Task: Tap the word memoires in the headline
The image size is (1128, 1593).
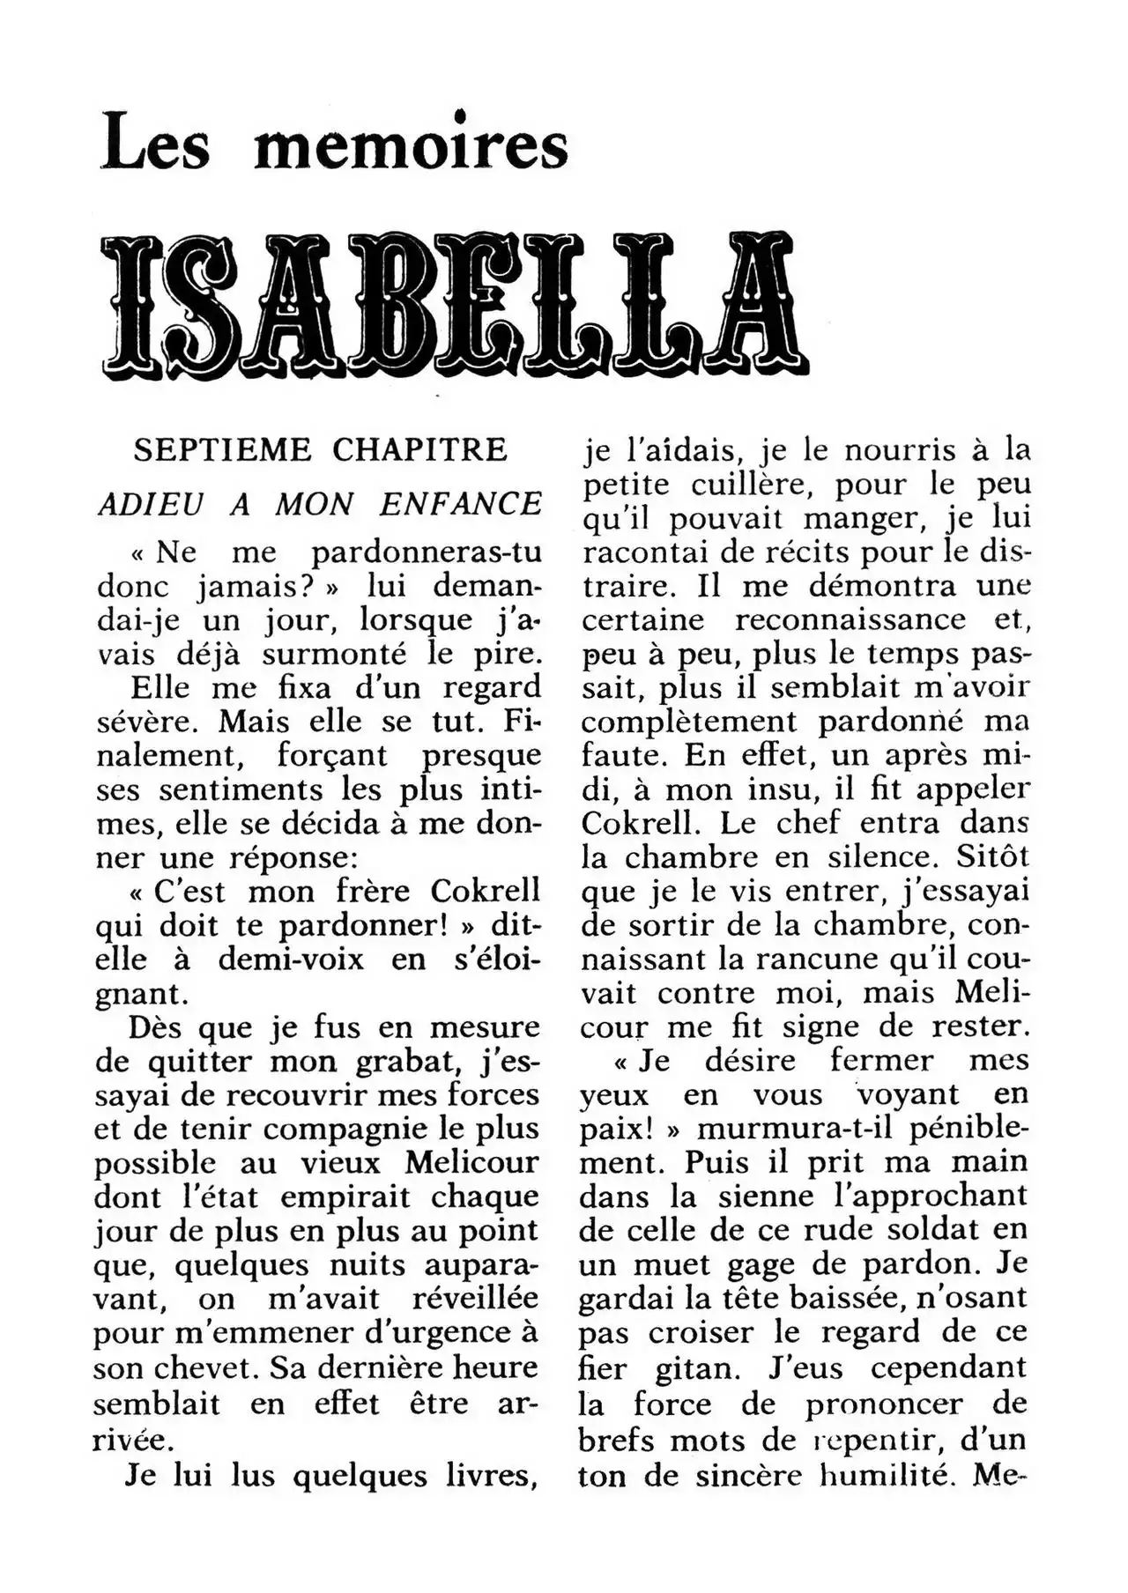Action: click(x=411, y=144)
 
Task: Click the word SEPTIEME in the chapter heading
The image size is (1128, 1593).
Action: click(x=222, y=450)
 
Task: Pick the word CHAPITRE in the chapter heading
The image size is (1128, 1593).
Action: click(x=419, y=450)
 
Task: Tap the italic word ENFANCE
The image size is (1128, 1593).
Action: click(x=461, y=504)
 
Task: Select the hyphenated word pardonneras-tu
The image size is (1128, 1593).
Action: click(x=427, y=552)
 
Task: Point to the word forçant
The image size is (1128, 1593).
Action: click(x=332, y=755)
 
